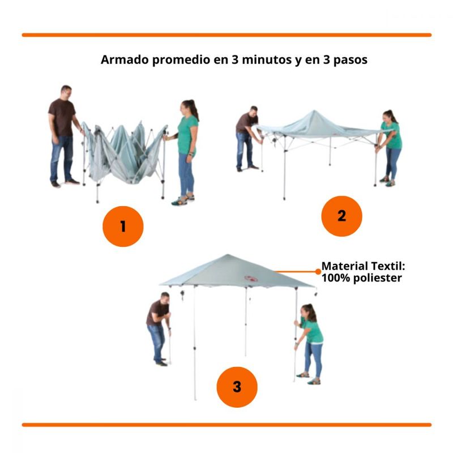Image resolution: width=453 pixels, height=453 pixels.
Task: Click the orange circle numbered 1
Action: [x=123, y=226]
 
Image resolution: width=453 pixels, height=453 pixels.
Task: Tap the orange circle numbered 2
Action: [x=341, y=216]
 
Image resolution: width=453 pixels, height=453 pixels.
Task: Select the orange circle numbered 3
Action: [x=237, y=387]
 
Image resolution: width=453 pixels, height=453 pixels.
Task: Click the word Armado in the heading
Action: [x=125, y=60]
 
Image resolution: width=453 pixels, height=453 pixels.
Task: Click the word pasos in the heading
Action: [x=350, y=61]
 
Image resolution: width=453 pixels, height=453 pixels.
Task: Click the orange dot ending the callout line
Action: [x=318, y=272]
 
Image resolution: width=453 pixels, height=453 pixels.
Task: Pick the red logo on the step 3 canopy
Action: [x=251, y=279]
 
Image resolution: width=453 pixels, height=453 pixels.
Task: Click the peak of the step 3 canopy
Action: [x=228, y=255]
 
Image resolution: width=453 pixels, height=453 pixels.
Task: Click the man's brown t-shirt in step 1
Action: [x=62, y=117]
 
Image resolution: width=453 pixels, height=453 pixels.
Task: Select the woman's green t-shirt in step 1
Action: [x=187, y=134]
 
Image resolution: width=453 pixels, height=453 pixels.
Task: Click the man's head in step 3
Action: [x=165, y=298]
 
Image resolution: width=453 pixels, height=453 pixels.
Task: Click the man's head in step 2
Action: [x=254, y=112]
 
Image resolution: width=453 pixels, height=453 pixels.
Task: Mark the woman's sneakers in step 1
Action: [x=183, y=200]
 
